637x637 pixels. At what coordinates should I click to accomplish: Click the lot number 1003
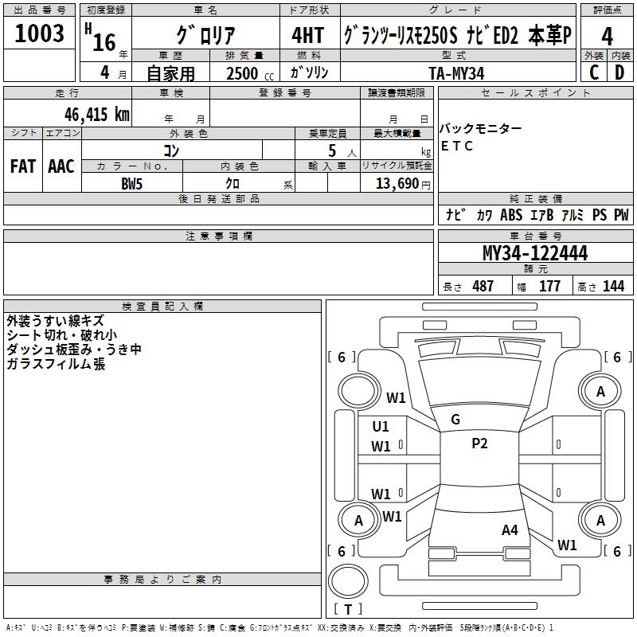coord(40,34)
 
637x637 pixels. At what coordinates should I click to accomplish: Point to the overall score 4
coord(608,36)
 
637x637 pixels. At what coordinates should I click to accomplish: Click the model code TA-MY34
coord(456,72)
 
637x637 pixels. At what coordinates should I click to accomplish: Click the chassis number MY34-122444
coord(535,254)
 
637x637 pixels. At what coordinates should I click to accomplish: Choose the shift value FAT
coord(22,166)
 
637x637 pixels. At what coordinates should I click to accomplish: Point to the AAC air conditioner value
coord(61,166)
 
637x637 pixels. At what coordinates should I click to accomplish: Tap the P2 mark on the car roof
coord(479,444)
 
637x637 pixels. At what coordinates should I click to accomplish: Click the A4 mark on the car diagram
coord(510,530)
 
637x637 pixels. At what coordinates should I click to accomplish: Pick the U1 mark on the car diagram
coord(381,426)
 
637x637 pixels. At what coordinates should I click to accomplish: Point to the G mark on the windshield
coord(455,420)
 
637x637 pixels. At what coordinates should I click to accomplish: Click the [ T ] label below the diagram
coord(348,609)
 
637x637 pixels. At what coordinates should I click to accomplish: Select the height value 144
coord(614,287)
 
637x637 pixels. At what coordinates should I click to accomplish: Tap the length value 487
coord(483,287)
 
